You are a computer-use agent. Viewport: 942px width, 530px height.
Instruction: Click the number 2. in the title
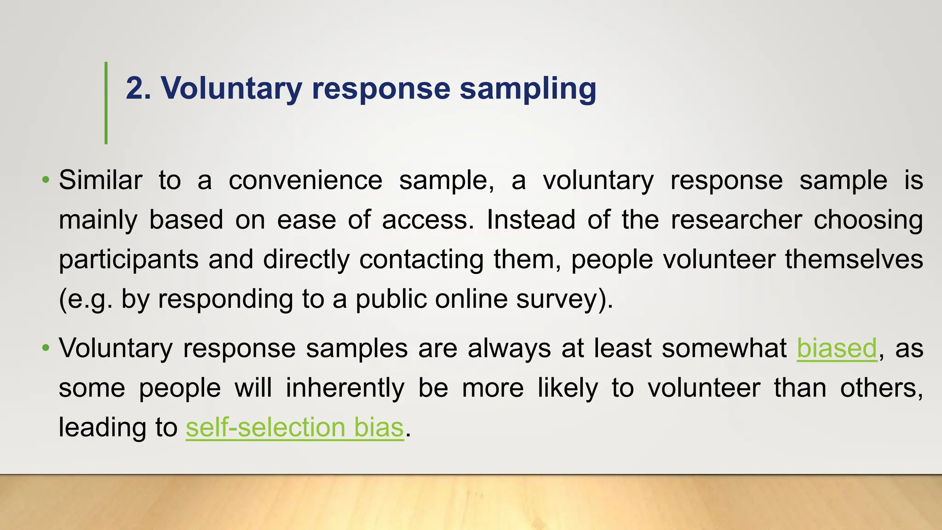(x=138, y=88)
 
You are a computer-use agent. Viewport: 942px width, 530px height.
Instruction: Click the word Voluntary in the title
(x=231, y=88)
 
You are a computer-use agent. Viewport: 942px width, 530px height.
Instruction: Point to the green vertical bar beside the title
(x=106, y=103)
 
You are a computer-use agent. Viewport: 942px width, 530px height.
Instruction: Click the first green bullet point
(x=45, y=179)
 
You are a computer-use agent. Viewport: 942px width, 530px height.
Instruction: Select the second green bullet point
(x=45, y=348)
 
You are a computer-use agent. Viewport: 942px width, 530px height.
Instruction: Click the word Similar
(x=100, y=180)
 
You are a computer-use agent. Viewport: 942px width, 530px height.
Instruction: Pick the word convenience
(x=305, y=180)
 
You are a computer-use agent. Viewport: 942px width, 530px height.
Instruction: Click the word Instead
(x=531, y=219)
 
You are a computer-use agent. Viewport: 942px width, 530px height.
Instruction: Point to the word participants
(x=129, y=259)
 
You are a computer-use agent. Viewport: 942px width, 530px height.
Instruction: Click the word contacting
(x=421, y=259)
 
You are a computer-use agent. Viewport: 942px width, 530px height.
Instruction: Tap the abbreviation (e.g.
(x=86, y=299)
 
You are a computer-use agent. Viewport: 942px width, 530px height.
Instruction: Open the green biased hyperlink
(x=837, y=348)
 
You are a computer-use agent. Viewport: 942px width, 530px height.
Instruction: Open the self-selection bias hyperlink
(x=294, y=427)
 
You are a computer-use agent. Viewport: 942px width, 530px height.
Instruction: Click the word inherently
(x=345, y=388)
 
